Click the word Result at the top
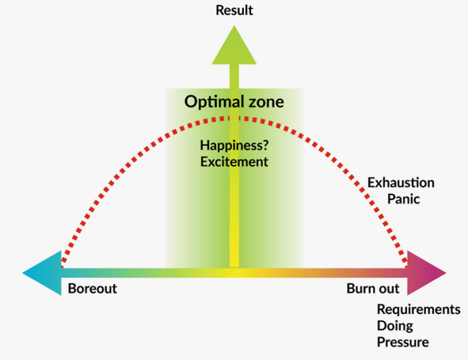(x=234, y=10)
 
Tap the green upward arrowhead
(x=234, y=46)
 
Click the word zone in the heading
(x=266, y=102)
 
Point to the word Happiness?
(x=234, y=146)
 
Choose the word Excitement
(x=234, y=162)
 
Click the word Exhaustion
(x=401, y=183)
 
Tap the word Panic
(x=404, y=199)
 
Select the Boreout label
(x=93, y=289)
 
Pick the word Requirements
(x=419, y=309)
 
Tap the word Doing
(x=395, y=326)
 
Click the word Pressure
(x=403, y=342)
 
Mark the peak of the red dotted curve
(x=234, y=119)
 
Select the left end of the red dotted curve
(x=63, y=266)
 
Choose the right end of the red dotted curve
(x=405, y=266)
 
